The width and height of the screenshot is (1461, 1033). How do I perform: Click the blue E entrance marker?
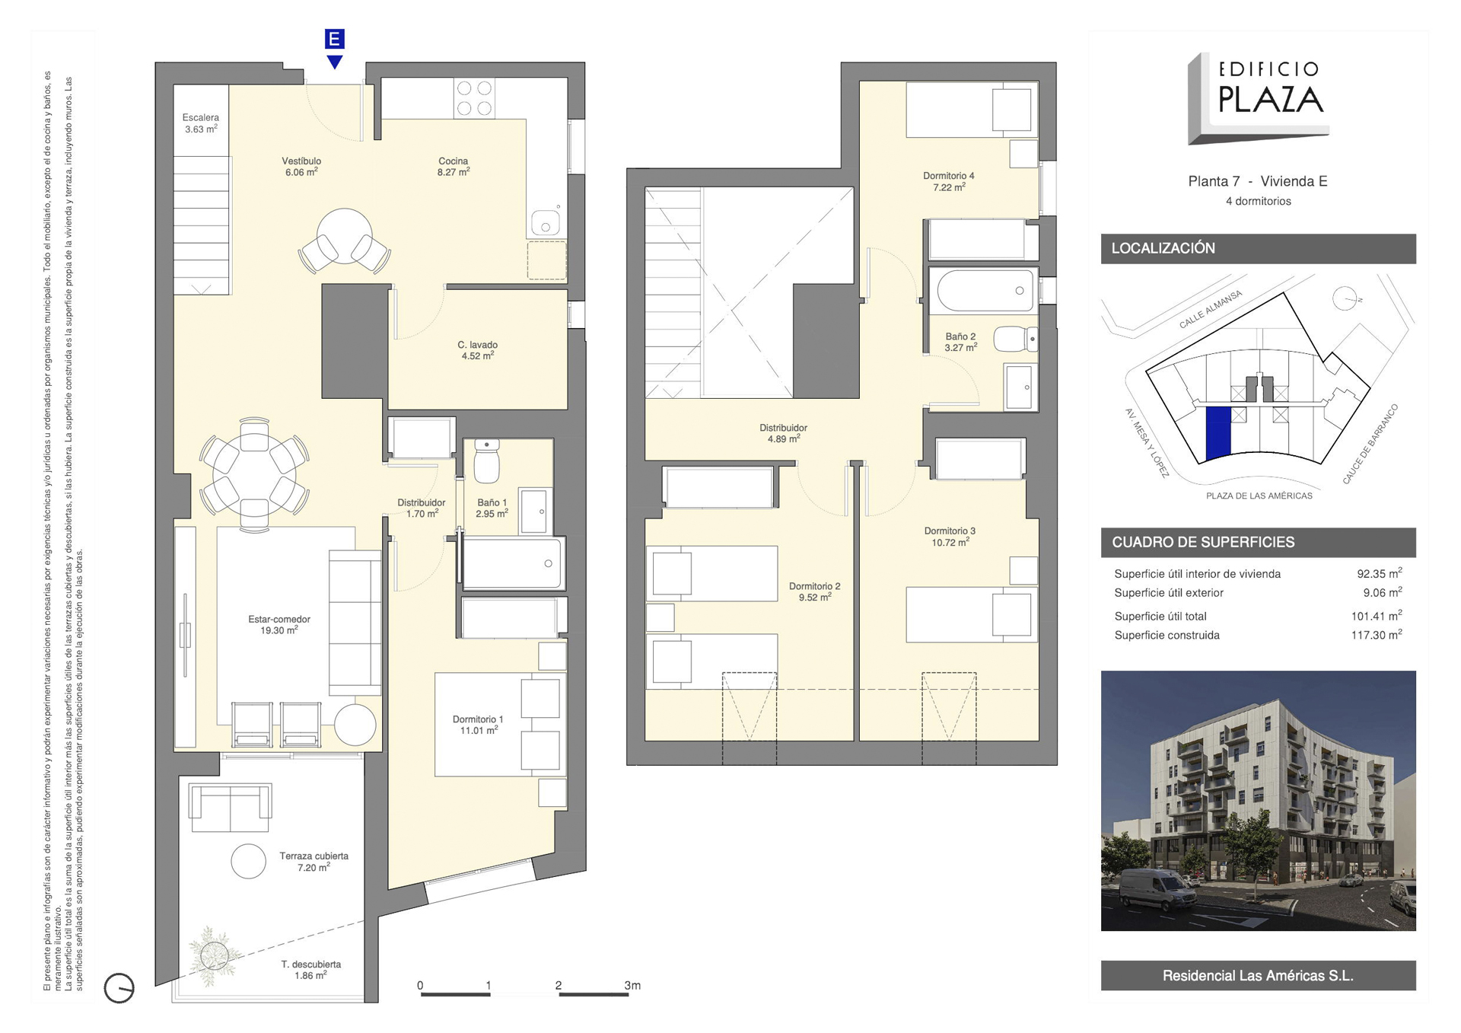[x=334, y=39]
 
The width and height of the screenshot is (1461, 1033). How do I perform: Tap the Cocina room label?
[x=454, y=167]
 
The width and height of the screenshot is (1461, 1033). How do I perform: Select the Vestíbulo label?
[x=301, y=167]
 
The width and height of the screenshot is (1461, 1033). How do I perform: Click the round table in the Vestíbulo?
[x=345, y=236]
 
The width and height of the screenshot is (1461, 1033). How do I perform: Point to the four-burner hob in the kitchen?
[x=474, y=98]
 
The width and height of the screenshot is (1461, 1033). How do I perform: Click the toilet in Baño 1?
[x=487, y=461]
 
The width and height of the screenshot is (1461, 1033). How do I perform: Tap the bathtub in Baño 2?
[x=985, y=290]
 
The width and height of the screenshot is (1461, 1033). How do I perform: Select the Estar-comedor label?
[x=279, y=625]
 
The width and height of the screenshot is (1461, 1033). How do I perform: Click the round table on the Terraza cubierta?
[x=249, y=861]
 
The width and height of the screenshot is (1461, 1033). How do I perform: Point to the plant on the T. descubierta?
[x=214, y=955]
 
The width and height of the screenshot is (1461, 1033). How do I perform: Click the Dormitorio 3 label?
[x=950, y=537]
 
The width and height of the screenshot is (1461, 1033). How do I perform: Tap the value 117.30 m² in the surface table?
[x=1377, y=634]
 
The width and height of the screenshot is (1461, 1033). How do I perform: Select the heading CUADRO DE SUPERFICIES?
[x=1203, y=542]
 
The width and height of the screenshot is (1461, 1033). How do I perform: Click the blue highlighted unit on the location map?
[x=1218, y=433]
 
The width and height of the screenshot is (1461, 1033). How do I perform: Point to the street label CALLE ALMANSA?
[x=1210, y=309]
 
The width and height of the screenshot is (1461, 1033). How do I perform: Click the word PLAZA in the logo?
[x=1271, y=100]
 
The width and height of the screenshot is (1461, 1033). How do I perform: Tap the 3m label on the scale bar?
[x=632, y=985]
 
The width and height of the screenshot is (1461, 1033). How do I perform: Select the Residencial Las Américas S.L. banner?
[x=1258, y=975]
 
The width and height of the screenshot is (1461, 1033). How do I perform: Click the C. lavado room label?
[x=478, y=350]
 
